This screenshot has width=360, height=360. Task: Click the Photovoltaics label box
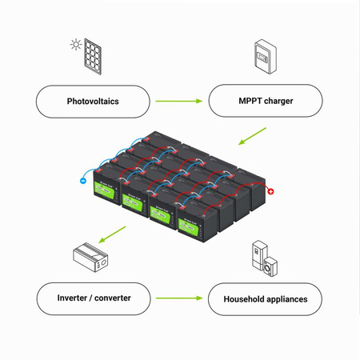click(x=93, y=102)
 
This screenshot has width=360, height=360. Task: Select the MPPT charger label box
click(x=266, y=102)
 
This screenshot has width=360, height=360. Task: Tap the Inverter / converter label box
click(x=94, y=298)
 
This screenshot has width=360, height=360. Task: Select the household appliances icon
click(x=266, y=257)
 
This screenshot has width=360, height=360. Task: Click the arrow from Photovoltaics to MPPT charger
click(x=178, y=102)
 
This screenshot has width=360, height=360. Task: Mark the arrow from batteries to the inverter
click(x=112, y=234)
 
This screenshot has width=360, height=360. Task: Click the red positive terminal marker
click(x=270, y=191)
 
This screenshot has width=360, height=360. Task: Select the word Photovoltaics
click(x=93, y=102)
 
